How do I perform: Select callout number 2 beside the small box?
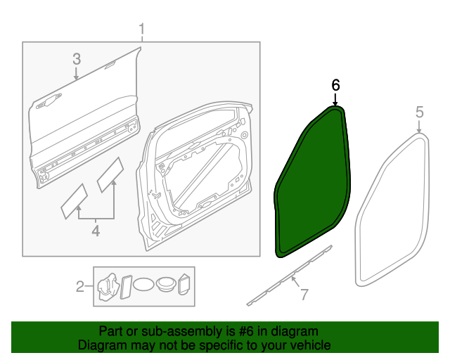tap(80, 285)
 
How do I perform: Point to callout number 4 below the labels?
tap(95, 230)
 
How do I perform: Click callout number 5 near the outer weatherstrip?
tap(419, 112)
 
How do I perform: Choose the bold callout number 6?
tap(335, 84)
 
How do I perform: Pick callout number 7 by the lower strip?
tap(304, 295)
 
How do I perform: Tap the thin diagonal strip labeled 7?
tap(281, 280)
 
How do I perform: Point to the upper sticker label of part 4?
tap(110, 174)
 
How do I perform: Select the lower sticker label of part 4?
tap(74, 200)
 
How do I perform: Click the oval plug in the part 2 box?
tap(144, 285)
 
